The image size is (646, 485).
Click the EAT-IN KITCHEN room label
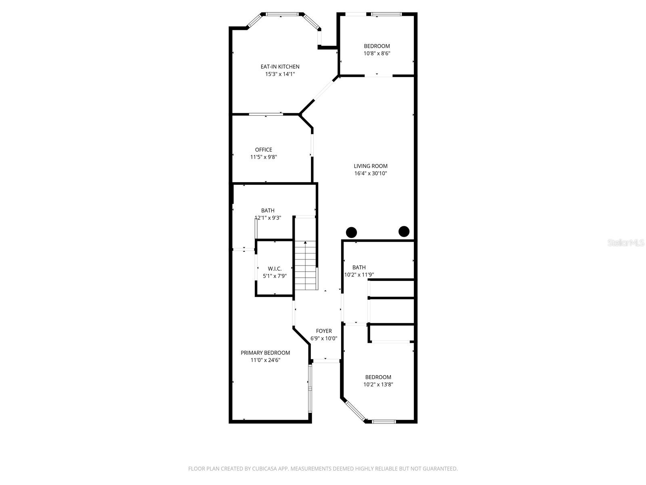(280, 67)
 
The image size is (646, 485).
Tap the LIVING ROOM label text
(371, 166)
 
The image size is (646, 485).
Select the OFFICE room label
(263, 150)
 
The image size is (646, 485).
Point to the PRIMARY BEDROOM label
(265, 353)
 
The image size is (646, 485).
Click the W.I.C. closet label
(275, 268)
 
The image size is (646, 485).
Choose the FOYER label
(324, 331)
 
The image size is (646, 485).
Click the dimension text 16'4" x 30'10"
(371, 173)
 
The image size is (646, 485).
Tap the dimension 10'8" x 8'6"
(377, 54)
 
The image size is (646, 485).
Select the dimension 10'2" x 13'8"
(378, 384)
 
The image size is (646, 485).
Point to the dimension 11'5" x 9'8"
(263, 157)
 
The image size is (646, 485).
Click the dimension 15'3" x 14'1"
(280, 74)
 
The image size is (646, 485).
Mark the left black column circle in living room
(351, 232)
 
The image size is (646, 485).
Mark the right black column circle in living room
(404, 232)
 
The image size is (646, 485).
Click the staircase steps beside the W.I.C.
(306, 265)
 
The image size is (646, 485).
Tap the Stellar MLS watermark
(626, 242)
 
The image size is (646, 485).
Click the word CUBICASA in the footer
(264, 468)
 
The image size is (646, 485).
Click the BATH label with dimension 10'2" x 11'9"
(359, 268)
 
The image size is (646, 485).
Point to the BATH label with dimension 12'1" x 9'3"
(268, 211)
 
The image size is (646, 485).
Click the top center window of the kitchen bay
(282, 14)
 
